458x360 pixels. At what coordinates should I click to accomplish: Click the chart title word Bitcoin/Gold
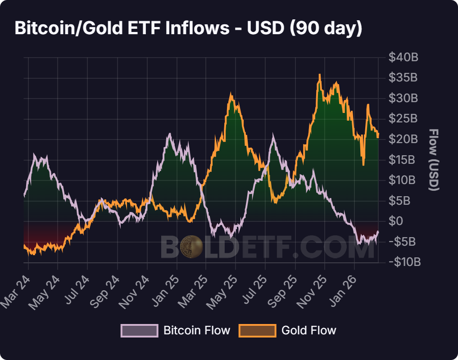pyautogui.click(x=68, y=28)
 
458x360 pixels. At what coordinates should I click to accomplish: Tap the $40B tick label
pyautogui.click(x=404, y=58)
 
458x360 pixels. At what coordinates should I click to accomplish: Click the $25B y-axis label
pyautogui.click(x=404, y=119)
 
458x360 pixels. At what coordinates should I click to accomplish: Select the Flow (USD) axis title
pyautogui.click(x=433, y=160)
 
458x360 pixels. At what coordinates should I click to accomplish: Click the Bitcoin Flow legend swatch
pyautogui.click(x=139, y=330)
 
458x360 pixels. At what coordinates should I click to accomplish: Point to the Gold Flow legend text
pyautogui.click(x=308, y=330)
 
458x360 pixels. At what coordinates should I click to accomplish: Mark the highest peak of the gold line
pyautogui.click(x=320, y=75)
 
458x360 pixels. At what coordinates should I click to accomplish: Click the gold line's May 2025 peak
pyautogui.click(x=231, y=94)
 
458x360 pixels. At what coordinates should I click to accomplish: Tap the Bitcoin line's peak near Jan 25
pyautogui.click(x=169, y=134)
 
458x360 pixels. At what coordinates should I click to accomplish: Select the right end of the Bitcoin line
pyautogui.click(x=378, y=231)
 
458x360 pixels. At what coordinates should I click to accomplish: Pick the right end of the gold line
pyautogui.click(x=378, y=134)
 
